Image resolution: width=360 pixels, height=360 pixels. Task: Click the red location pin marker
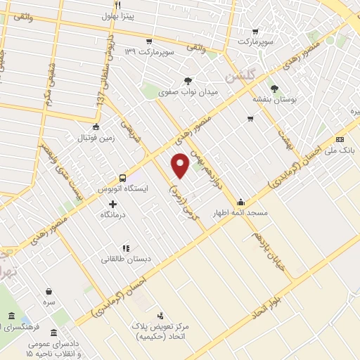pyautogui.click(x=181, y=165)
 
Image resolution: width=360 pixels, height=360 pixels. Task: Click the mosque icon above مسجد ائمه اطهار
pyautogui.click(x=241, y=200)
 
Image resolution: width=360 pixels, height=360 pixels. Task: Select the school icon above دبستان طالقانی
pyautogui.click(x=126, y=247)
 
